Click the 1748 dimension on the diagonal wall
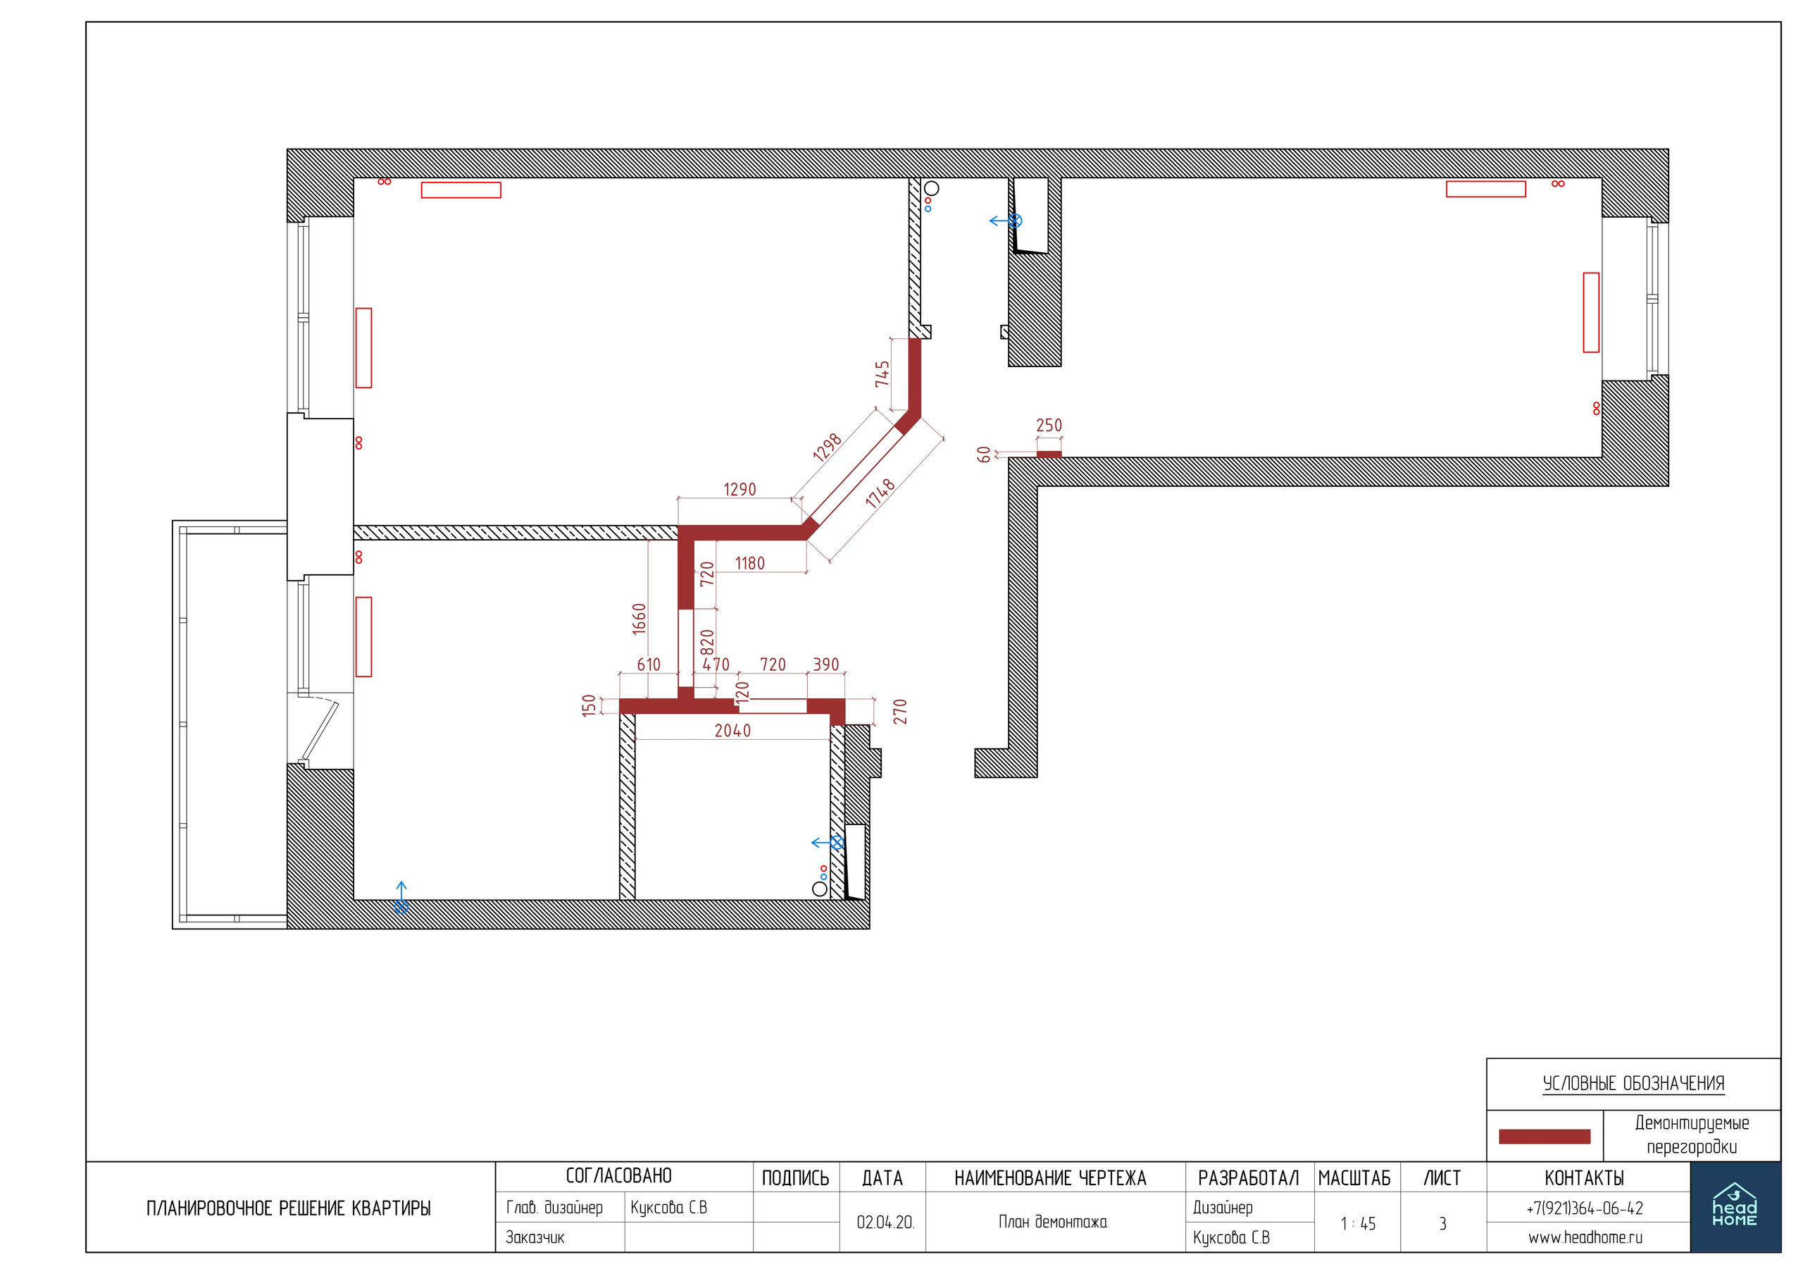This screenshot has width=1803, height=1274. coord(880,493)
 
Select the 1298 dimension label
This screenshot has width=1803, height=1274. coord(828,447)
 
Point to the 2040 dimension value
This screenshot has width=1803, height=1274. coord(732,731)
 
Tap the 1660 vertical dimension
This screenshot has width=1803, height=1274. coord(640,619)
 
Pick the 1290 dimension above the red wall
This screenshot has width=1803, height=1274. coord(740,489)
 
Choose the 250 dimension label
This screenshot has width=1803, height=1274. coord(1049,425)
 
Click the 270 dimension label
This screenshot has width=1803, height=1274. coord(901,711)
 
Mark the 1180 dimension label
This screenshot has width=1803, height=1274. coord(750,563)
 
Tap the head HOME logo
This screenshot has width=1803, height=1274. coord(1735,1206)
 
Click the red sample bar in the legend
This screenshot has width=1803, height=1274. coord(1545,1137)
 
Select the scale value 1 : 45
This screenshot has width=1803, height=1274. coord(1358,1224)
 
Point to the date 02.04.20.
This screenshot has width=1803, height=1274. coord(885,1222)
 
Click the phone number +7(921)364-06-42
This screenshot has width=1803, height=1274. coord(1585,1208)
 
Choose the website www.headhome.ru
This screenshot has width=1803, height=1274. coord(1585,1238)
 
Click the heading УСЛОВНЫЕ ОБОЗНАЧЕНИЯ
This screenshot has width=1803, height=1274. coord(1633,1083)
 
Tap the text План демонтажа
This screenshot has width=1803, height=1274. coord(1053,1221)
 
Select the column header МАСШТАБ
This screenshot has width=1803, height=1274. coord(1354,1178)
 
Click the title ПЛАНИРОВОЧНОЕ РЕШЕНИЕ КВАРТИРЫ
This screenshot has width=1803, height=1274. coord(288,1208)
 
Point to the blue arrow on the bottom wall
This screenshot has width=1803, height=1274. coord(401,897)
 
